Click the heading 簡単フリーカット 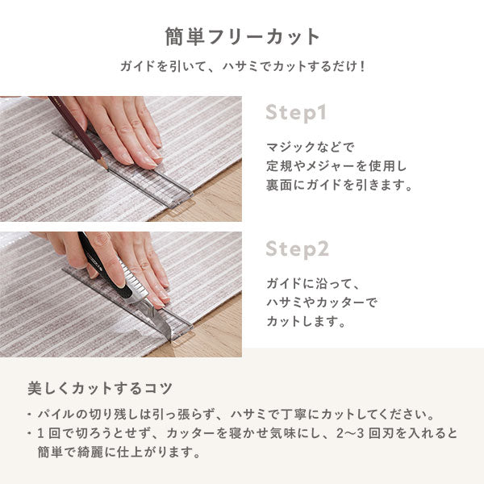[x=242, y=37]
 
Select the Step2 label [x=298, y=248]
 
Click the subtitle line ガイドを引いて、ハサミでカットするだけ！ [x=242, y=65]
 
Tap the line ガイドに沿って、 [x=311, y=285]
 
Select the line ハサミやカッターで [x=321, y=302]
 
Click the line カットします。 [x=306, y=321]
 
